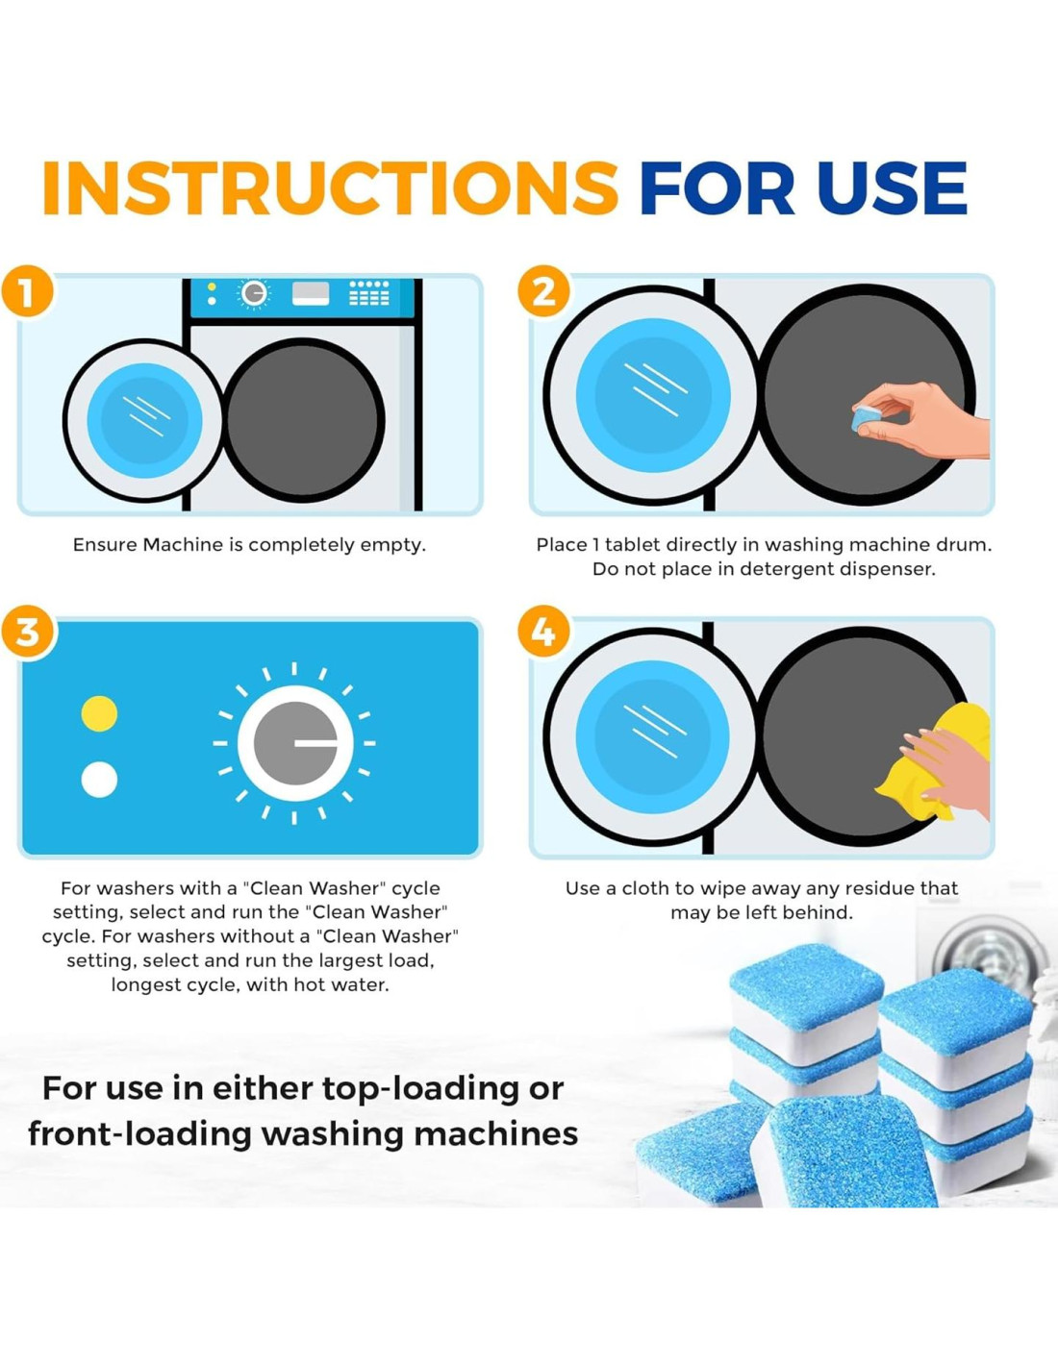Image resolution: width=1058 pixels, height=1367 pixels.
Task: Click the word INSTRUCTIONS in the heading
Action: tap(331, 187)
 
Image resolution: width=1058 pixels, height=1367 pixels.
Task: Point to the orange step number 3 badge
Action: tap(26, 632)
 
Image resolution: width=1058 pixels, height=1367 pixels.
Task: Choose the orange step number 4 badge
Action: tap(543, 632)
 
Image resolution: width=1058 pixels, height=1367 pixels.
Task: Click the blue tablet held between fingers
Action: tap(866, 418)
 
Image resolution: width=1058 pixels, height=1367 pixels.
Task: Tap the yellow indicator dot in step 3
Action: tap(99, 713)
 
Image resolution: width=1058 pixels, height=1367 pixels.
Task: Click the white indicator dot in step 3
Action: tap(99, 780)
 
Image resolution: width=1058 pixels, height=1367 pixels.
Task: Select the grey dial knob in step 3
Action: tap(295, 743)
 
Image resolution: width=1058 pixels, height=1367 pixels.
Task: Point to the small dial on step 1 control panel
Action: tap(254, 294)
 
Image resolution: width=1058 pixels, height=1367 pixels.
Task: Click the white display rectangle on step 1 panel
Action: tap(311, 294)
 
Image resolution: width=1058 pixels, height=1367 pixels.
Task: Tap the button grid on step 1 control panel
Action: tap(369, 293)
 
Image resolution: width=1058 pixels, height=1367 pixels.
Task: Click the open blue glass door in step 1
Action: tap(144, 420)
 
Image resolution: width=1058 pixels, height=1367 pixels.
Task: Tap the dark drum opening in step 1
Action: tap(305, 420)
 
